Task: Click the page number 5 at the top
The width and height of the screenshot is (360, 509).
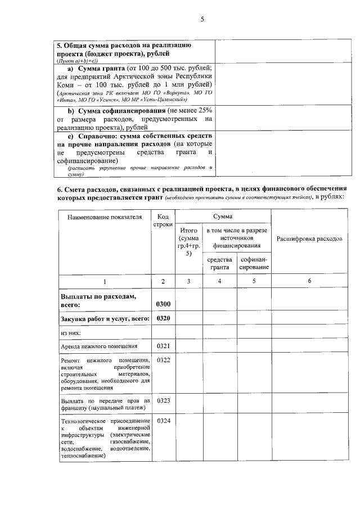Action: coord(201,20)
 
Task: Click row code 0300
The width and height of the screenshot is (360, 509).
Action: coord(163,304)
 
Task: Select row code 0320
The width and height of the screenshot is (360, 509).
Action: coord(163,318)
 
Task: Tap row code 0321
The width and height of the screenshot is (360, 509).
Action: coord(163,345)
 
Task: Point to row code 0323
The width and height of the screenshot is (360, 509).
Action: coord(163,400)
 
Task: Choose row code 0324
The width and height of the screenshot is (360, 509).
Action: coord(163,421)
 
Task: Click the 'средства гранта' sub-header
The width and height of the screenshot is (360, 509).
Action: coord(219,263)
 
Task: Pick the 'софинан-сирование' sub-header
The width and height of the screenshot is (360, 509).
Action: coord(254,263)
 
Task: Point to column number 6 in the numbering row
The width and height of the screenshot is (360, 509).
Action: coord(309,281)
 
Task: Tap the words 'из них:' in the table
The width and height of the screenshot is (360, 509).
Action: coord(71,333)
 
